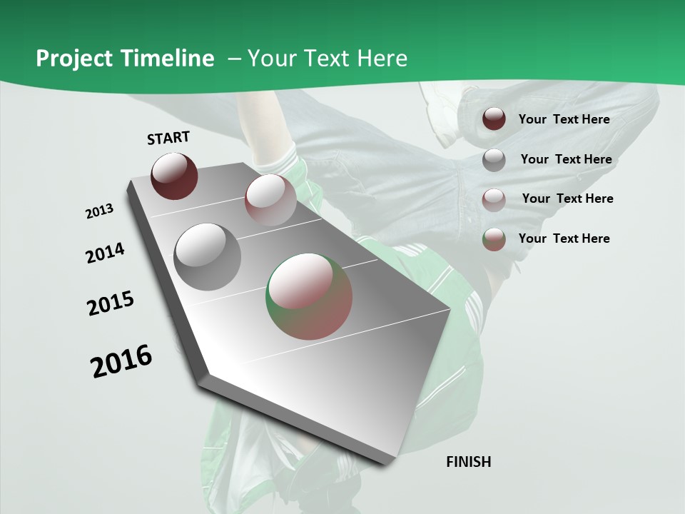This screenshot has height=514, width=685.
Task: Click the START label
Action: (168, 138)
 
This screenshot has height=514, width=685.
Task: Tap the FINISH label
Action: (469, 462)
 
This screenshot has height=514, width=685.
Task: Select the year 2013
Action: (99, 211)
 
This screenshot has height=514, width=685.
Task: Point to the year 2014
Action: (105, 253)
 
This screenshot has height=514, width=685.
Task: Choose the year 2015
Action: (111, 304)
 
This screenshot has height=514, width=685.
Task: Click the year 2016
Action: (121, 361)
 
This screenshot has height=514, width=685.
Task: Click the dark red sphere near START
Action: (174, 176)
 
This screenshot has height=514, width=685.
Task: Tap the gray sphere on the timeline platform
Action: (207, 257)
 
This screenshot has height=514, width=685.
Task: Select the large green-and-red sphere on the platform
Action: (309, 296)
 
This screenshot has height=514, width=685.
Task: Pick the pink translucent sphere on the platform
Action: (270, 200)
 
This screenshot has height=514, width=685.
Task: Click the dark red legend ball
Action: (494, 119)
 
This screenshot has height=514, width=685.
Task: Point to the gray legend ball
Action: (494, 160)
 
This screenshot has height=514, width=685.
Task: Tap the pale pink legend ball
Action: (494, 200)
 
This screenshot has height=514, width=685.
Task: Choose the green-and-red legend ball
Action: (494, 239)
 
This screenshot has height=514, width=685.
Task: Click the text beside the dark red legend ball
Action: (564, 119)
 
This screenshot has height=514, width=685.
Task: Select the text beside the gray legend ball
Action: (566, 159)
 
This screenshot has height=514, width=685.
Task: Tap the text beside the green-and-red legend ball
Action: (564, 238)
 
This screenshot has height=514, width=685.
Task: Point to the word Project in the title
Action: (73, 59)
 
